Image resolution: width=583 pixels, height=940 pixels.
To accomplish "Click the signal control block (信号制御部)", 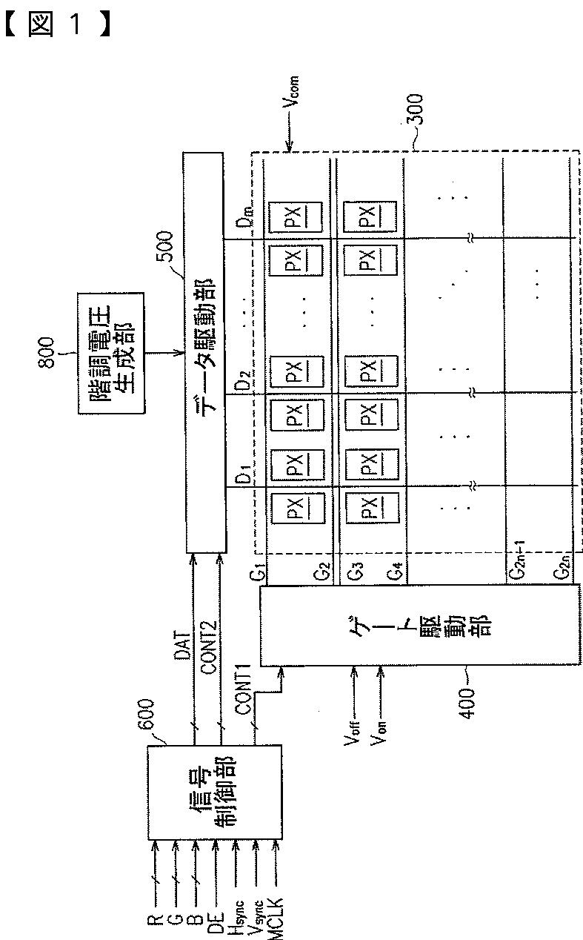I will tap(214, 792).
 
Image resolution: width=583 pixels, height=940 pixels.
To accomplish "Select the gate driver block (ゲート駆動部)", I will tap(419, 625).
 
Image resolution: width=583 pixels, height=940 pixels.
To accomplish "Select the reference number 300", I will tap(414, 113).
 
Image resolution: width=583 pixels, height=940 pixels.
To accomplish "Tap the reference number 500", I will tap(164, 251).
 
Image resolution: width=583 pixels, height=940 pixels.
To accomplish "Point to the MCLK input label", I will tap(276, 908).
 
